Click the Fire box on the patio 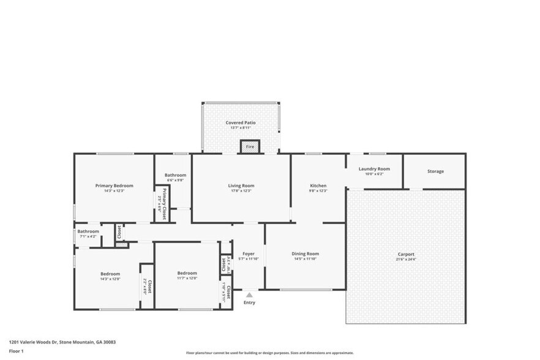point(250,147)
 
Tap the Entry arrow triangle point(249,295)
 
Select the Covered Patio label point(241,122)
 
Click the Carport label point(406,254)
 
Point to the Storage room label point(435,171)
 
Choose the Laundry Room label point(374,169)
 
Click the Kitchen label point(318,186)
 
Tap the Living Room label point(241,186)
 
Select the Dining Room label point(305,253)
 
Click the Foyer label point(248,253)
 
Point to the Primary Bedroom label point(114,186)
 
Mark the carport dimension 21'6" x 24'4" point(406,260)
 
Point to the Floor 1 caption point(17,351)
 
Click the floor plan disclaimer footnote point(269,353)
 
